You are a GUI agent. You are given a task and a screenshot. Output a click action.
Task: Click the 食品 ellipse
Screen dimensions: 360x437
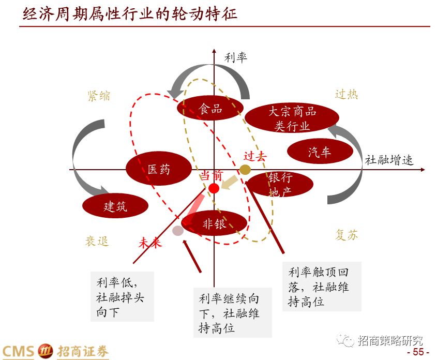210,108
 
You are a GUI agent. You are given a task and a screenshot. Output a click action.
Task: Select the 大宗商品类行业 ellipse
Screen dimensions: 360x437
292,118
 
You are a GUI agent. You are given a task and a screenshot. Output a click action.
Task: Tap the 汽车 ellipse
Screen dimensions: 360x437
319,152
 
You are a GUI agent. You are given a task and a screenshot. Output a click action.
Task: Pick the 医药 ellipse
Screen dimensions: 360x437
158,169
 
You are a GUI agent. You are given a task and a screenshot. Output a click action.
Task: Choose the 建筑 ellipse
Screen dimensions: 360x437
115,206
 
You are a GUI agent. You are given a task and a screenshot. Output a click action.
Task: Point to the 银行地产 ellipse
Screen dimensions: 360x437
280,184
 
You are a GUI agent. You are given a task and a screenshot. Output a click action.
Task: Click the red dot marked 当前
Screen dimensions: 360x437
214,188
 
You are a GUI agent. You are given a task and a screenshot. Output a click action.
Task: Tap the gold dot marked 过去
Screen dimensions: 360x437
245,170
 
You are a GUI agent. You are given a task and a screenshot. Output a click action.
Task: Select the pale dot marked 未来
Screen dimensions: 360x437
178,230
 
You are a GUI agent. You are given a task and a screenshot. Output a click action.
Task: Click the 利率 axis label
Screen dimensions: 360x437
235,57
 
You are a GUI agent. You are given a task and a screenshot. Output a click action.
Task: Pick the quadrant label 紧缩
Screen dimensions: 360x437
99,96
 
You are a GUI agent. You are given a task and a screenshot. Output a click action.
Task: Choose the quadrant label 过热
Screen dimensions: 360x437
346,94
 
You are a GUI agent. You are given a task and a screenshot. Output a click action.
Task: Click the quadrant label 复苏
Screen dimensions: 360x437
346,235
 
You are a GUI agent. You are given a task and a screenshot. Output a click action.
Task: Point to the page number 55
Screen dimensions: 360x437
418,352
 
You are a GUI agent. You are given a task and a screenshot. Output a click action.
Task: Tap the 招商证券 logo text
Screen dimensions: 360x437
83,351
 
